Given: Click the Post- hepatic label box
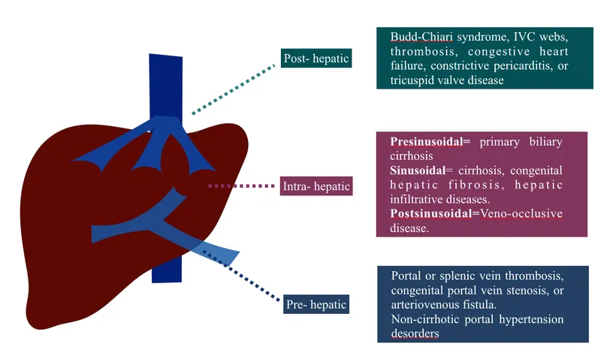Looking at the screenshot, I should pyautogui.click(x=316, y=58).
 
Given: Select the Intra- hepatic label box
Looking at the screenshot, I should pyautogui.click(x=316, y=185).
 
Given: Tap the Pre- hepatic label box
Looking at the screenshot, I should pyautogui.click(x=316, y=304).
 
